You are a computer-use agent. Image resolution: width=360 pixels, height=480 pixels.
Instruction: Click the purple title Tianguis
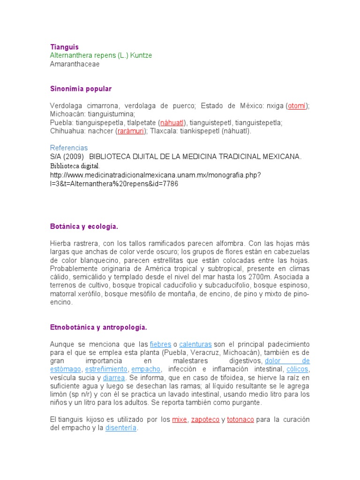coord(64,47)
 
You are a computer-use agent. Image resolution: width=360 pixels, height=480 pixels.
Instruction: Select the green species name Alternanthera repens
coord(101,55)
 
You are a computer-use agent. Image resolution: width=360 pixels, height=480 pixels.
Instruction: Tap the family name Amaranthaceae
coord(75,64)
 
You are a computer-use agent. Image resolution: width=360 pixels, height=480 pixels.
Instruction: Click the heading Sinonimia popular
coord(81,89)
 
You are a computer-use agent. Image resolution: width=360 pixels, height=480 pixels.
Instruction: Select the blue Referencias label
coord(69,148)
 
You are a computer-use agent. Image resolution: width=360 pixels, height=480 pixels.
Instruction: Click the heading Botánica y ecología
coord(84,227)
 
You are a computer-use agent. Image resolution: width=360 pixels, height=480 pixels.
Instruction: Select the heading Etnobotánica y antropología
coord(98,327)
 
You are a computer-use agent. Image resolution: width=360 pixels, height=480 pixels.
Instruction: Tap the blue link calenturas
coord(195,344)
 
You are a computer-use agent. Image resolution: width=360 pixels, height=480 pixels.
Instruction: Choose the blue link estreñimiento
coord(106,369)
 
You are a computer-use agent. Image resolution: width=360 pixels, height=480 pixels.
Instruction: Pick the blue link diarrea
coord(114,378)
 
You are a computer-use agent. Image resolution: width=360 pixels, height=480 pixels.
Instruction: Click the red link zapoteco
coord(205,420)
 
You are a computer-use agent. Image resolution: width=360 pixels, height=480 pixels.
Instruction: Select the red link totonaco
coord(240,420)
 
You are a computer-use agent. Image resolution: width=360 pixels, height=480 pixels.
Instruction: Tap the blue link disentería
coord(121,428)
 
